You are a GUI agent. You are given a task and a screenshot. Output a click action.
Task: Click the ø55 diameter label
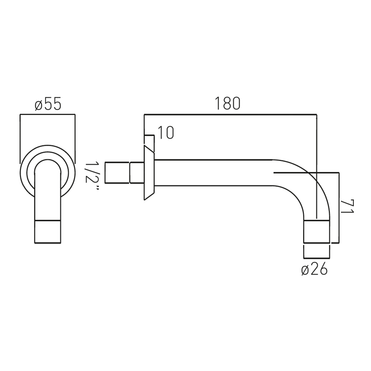click(48, 104)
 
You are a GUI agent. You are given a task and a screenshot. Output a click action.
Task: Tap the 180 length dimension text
click(227, 103)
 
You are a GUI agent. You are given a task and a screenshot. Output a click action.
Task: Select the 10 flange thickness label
click(166, 133)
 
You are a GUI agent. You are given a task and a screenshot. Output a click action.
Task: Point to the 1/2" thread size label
click(91, 176)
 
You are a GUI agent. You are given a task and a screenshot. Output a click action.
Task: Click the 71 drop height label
click(347, 206)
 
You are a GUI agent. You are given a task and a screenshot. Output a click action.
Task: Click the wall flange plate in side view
click(149, 173)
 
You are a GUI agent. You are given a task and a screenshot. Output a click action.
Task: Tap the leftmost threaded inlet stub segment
click(117, 173)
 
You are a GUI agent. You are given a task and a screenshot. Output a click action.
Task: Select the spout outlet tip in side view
click(317, 231)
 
